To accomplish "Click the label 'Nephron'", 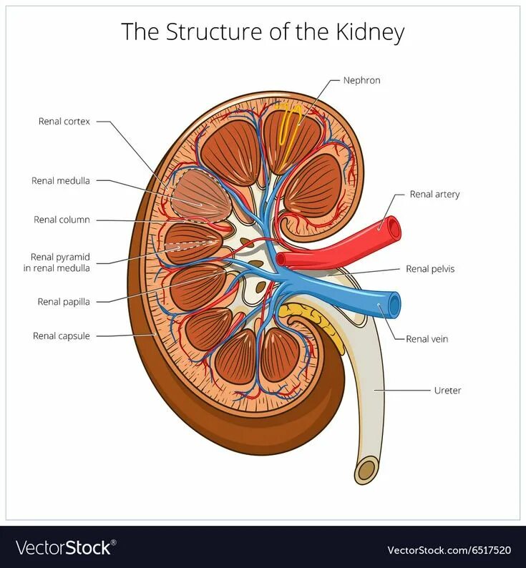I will click(x=361, y=80).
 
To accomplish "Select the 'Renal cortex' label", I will click(x=64, y=122).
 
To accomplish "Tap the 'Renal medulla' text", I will click(x=61, y=181).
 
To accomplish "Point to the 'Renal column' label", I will click(x=62, y=220).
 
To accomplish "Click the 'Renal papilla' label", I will click(x=64, y=302).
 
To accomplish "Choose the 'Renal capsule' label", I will click(x=62, y=336).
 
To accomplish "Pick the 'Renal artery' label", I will click(x=434, y=194).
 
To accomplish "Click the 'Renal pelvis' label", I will click(x=430, y=269).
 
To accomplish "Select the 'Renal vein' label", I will click(x=427, y=339).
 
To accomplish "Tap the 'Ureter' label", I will click(x=447, y=391).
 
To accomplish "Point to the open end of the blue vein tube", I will click(x=394, y=304).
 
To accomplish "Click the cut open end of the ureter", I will click(x=366, y=470).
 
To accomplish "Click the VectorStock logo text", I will click(x=64, y=548).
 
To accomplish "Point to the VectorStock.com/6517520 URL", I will click(x=449, y=549).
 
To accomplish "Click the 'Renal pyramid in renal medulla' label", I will click(x=60, y=262).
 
